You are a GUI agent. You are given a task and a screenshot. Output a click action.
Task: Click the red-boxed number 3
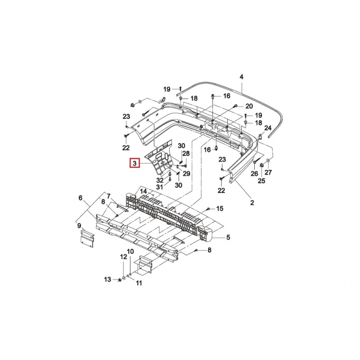click(x=135, y=163)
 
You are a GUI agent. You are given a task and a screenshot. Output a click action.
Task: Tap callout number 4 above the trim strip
click(x=241, y=77)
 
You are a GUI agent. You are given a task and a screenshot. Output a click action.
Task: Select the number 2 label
click(x=252, y=202)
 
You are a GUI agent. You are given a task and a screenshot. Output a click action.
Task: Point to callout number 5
click(x=228, y=237)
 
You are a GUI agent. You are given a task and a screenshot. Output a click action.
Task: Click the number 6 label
click(x=81, y=198)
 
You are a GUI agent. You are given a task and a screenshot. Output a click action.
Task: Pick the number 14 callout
click(x=143, y=191)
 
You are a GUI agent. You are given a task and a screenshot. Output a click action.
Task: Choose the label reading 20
click(x=249, y=106)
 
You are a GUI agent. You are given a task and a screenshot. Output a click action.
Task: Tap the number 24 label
click(x=268, y=128)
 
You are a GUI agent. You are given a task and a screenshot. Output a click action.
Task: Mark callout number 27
click(x=268, y=172)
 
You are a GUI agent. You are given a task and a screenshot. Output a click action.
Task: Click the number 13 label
click(x=108, y=279)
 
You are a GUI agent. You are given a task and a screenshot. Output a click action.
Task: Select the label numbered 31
click(x=159, y=187)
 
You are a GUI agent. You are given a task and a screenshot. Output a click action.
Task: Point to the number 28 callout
click(x=186, y=153)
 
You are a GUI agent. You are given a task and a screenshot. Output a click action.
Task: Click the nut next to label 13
click(x=119, y=280)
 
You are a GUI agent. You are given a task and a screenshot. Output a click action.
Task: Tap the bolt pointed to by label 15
click(x=208, y=209)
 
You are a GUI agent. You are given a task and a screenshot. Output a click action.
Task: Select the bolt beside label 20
click(x=235, y=106)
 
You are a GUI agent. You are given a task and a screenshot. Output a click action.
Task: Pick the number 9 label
click(x=79, y=226)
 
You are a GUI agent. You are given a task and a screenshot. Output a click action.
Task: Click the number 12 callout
click(x=123, y=256)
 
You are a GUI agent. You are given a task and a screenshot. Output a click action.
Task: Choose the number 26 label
click(x=254, y=173)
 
